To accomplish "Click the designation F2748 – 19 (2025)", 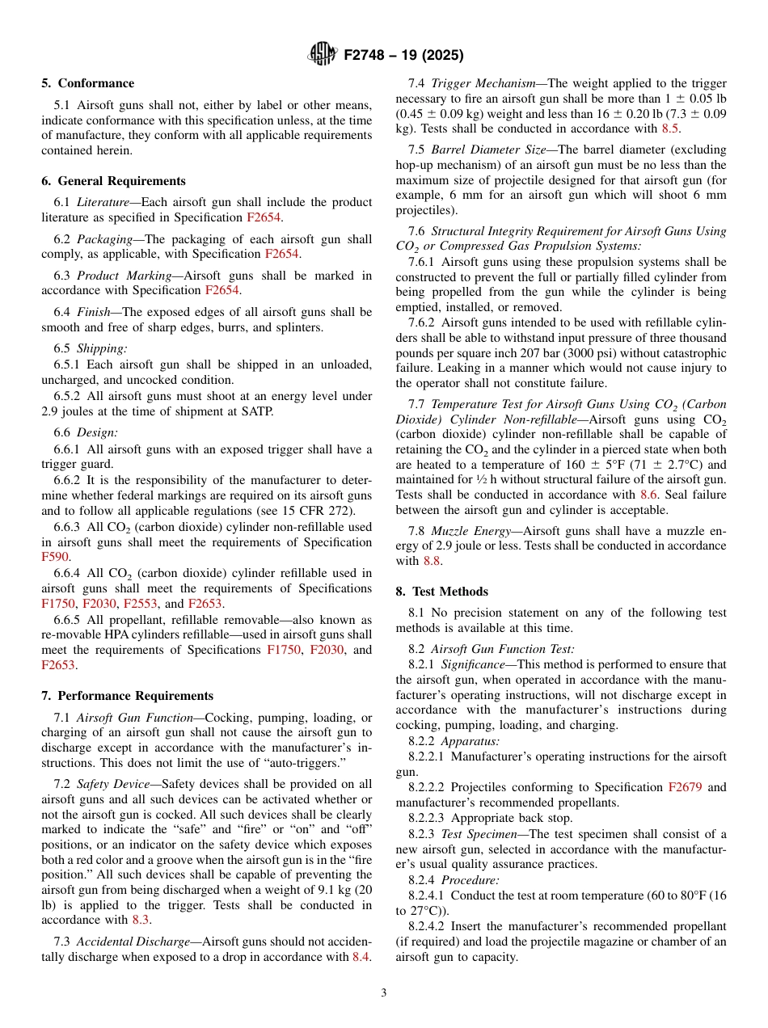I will click(403, 56).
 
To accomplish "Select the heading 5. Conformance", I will click(88, 83).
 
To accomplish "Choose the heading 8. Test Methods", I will click(441, 591).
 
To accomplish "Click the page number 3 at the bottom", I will click(384, 992).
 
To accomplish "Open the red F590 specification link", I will click(56, 557).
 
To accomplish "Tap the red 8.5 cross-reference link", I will click(670, 128).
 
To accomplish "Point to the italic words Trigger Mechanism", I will click(483, 83).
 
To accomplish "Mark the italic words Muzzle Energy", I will click(468, 530).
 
